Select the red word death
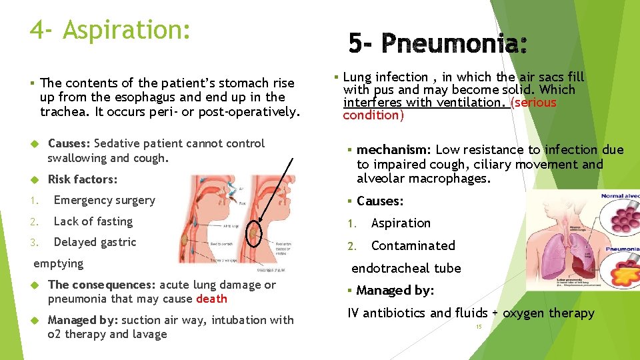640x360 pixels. click(x=211, y=299)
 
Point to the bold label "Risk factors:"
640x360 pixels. click(x=83, y=179)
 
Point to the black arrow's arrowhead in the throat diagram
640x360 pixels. click(x=261, y=221)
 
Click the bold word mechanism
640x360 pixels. click(x=393, y=150)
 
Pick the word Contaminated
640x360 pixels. click(x=413, y=245)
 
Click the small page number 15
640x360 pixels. click(x=479, y=327)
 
